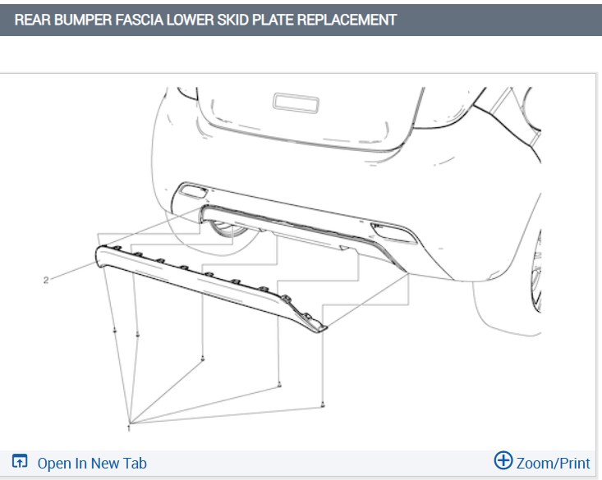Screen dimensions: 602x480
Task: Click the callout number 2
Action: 46,280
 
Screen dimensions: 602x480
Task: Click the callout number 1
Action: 129,427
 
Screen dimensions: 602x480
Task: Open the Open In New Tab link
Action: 92,463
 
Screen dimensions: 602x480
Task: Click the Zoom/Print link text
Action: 553,463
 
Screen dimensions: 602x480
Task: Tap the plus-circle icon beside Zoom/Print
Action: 503,460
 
